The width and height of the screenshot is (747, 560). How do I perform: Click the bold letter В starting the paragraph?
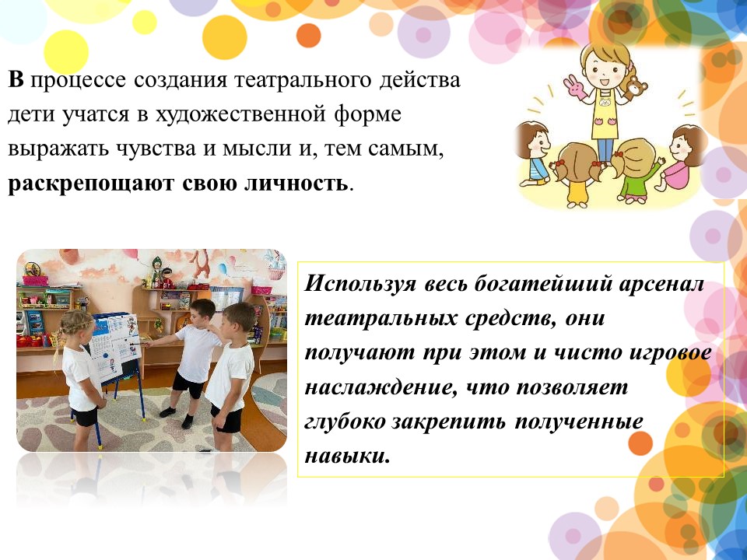(16, 79)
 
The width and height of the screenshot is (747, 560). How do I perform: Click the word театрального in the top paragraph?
(303, 80)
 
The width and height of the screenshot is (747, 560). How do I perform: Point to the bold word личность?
(296, 183)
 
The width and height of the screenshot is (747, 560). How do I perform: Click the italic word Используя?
(360, 285)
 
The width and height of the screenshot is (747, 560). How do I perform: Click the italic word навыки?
(347, 457)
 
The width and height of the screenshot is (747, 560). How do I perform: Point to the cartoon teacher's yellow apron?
(605, 114)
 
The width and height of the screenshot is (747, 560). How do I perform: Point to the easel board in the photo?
(114, 344)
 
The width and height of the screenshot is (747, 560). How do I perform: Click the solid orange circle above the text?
(308, 36)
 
